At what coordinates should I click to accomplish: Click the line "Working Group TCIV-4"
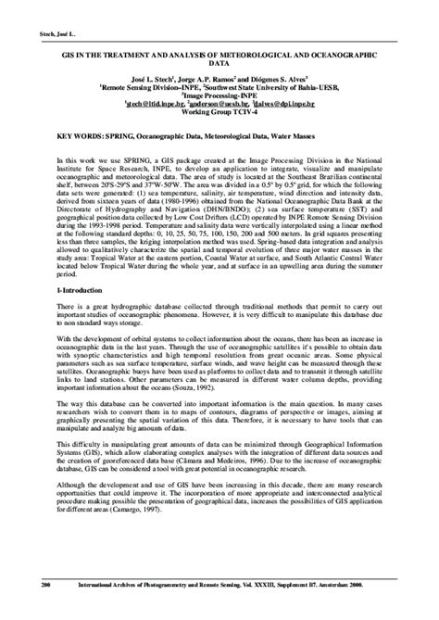click(x=219, y=112)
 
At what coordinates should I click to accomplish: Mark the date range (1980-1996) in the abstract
click(x=212, y=196)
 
